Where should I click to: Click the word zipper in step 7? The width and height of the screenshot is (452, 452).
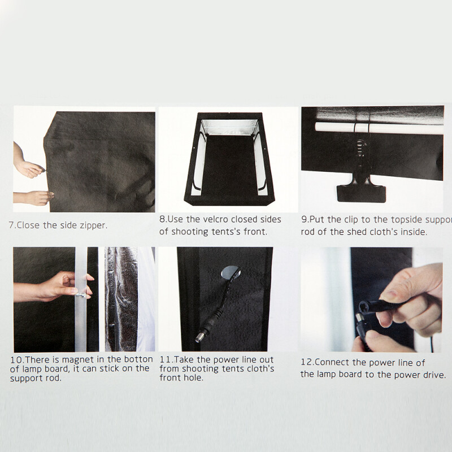93,225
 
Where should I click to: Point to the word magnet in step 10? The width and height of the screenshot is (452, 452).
78,360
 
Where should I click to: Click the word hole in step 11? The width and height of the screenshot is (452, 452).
194,378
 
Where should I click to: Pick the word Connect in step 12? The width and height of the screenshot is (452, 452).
333,363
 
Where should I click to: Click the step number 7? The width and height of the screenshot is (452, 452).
11,225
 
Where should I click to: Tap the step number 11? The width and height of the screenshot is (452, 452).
166,360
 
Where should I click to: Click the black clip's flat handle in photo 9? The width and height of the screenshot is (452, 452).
361,194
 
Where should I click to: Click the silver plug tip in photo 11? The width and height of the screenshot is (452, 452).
199,338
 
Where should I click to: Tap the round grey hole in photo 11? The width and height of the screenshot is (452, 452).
231,272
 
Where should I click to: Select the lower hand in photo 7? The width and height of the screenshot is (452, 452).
34,198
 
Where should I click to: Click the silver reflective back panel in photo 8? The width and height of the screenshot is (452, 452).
229,127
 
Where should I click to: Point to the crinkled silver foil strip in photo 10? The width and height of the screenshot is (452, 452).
121,299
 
